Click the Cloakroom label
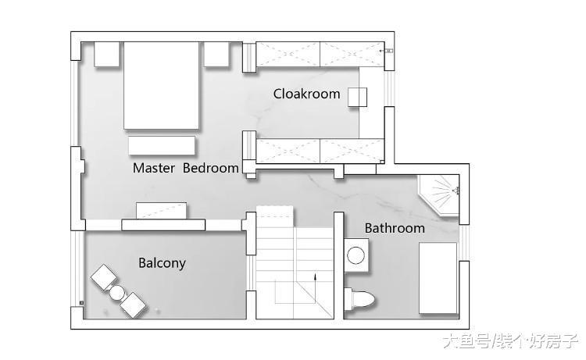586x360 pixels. [306, 94]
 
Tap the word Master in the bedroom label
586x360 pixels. [154, 168]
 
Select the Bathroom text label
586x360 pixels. [395, 228]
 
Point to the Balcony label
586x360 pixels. [162, 263]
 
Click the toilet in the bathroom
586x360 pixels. [359, 299]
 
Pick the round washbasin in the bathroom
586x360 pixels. [356, 256]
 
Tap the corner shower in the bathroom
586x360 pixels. [439, 195]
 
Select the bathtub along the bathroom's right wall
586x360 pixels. [438, 278]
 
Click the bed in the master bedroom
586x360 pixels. [161, 86]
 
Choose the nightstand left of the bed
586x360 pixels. [106, 54]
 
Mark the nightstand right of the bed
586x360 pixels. [216, 54]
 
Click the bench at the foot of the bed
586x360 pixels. [162, 145]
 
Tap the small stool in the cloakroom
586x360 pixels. [357, 97]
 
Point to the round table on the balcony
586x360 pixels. [116, 293]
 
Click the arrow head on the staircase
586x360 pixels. [315, 276]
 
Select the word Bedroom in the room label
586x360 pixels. [211, 168]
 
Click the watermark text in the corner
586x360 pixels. [510, 341]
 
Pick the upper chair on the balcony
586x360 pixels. [103, 276]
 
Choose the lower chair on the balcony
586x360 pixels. [132, 305]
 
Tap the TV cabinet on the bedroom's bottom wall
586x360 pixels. [163, 224]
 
